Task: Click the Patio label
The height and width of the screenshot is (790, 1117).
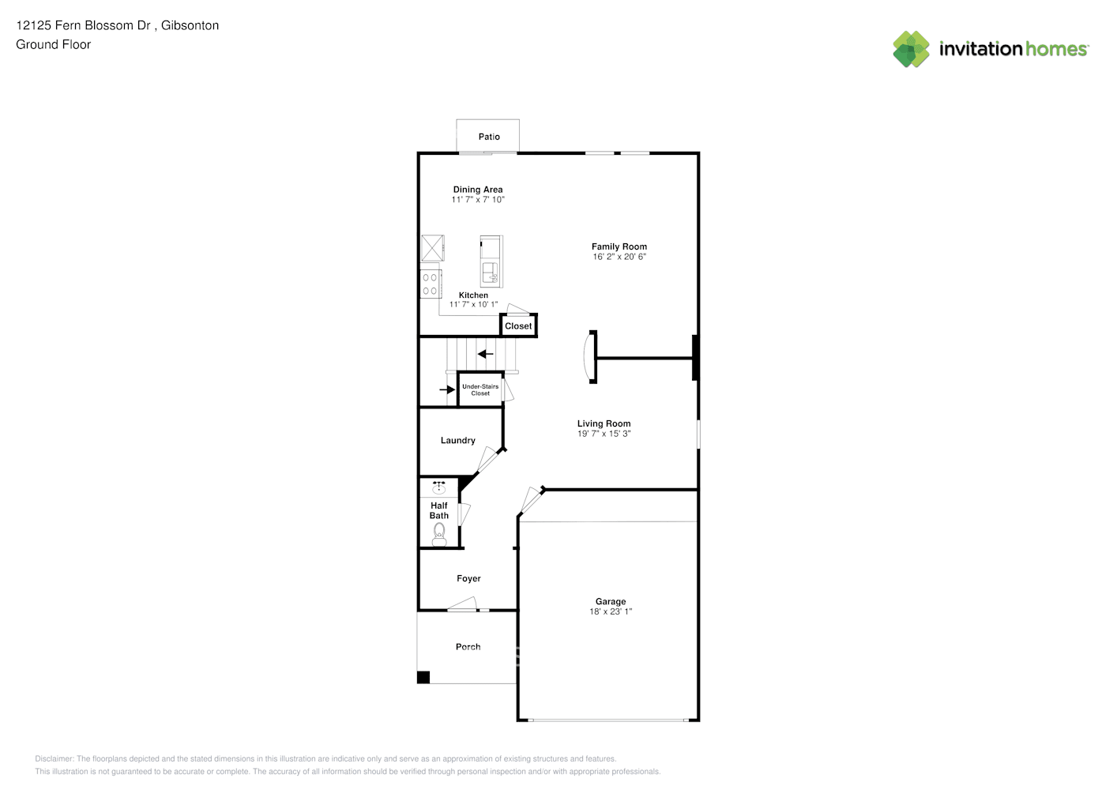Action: point(489,137)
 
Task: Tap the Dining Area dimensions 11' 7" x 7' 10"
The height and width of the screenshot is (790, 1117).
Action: point(477,200)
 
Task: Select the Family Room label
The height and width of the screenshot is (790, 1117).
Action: point(619,246)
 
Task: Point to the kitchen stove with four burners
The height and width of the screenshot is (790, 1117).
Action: point(430,284)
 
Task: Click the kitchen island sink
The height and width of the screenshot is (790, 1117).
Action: point(490,273)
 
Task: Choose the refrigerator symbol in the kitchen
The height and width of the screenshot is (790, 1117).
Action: point(432,246)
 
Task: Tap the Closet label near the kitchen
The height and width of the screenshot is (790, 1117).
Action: point(518,325)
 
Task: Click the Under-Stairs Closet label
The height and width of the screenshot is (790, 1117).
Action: point(480,389)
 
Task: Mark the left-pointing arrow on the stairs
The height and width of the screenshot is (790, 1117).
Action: point(485,354)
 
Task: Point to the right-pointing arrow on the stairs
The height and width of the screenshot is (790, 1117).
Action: point(447,389)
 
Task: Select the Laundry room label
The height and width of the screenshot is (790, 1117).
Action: point(457,440)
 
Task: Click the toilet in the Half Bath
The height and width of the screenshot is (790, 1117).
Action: point(439,536)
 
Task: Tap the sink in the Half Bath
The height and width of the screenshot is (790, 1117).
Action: point(438,487)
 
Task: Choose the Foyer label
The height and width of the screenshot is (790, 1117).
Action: point(468,578)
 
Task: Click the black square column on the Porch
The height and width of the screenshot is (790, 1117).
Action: point(423,677)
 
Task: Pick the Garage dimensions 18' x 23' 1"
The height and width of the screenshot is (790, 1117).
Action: point(611,611)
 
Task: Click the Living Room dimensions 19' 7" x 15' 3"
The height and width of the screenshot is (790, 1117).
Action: point(604,434)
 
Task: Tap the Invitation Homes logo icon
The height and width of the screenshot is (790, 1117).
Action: point(911,49)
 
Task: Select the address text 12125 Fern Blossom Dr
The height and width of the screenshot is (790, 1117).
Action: point(84,25)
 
